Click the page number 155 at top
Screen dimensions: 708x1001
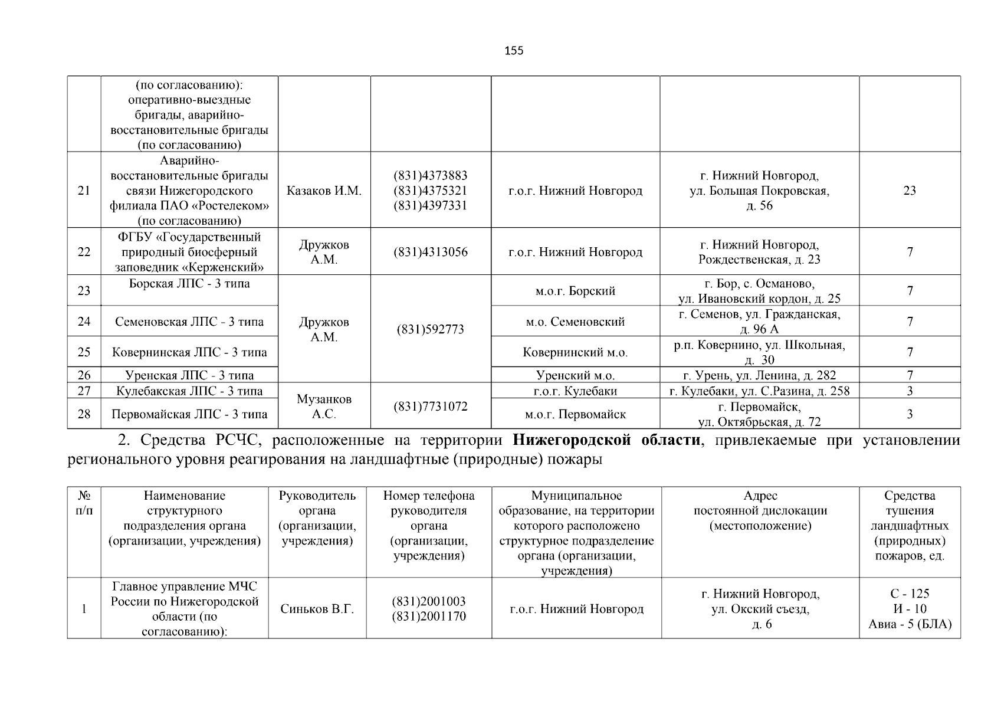(x=514, y=51)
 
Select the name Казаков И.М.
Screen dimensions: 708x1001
(x=324, y=191)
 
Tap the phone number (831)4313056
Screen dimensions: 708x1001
(x=431, y=252)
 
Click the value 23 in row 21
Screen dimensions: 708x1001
(x=910, y=191)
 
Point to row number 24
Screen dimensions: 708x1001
(x=84, y=322)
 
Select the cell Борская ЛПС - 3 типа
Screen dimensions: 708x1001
(x=189, y=284)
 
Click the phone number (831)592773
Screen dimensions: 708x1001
(x=431, y=329)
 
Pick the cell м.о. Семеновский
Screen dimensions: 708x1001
(x=575, y=322)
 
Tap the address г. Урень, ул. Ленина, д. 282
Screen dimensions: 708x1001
(x=759, y=375)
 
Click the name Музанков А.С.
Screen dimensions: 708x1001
(x=324, y=407)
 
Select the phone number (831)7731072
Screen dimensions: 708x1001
(x=431, y=407)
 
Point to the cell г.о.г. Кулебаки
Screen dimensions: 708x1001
(x=575, y=391)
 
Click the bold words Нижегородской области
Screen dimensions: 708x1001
(x=607, y=441)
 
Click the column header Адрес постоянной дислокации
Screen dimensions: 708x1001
(x=760, y=511)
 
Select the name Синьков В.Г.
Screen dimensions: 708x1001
(x=317, y=609)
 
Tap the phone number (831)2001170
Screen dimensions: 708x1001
(x=429, y=617)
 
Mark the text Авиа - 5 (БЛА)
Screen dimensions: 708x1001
(x=910, y=624)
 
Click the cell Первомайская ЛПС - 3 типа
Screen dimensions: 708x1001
(x=189, y=414)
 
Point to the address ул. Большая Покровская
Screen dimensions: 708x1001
(x=759, y=191)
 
